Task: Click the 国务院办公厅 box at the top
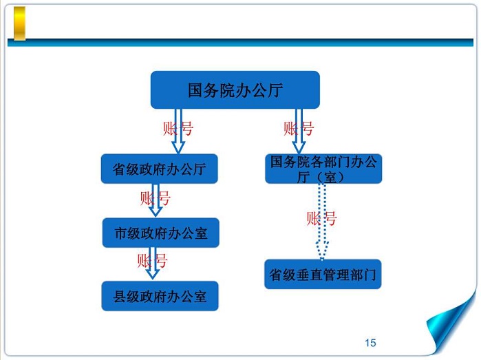[235, 89]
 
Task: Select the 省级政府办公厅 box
[160, 169]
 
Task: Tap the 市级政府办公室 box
[160, 233]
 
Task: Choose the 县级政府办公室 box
[160, 297]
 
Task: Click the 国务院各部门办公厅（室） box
[323, 169]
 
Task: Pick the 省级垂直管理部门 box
[323, 275]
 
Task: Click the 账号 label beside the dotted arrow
[321, 219]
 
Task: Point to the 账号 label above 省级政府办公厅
[178, 128]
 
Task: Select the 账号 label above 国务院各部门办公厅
[298, 128]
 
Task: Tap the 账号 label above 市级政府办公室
[155, 199]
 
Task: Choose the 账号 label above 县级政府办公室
[152, 261]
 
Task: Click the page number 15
[370, 343]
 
